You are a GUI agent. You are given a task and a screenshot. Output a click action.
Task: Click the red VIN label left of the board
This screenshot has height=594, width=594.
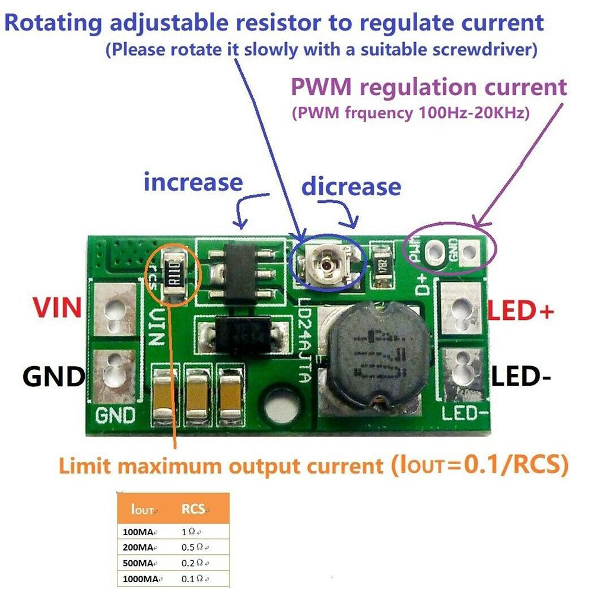(56, 308)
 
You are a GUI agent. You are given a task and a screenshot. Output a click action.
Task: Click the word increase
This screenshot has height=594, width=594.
(193, 182)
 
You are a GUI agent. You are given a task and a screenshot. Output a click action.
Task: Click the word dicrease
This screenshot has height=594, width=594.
(351, 187)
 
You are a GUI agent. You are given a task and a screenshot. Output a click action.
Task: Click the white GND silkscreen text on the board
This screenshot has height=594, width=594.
(116, 415)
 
